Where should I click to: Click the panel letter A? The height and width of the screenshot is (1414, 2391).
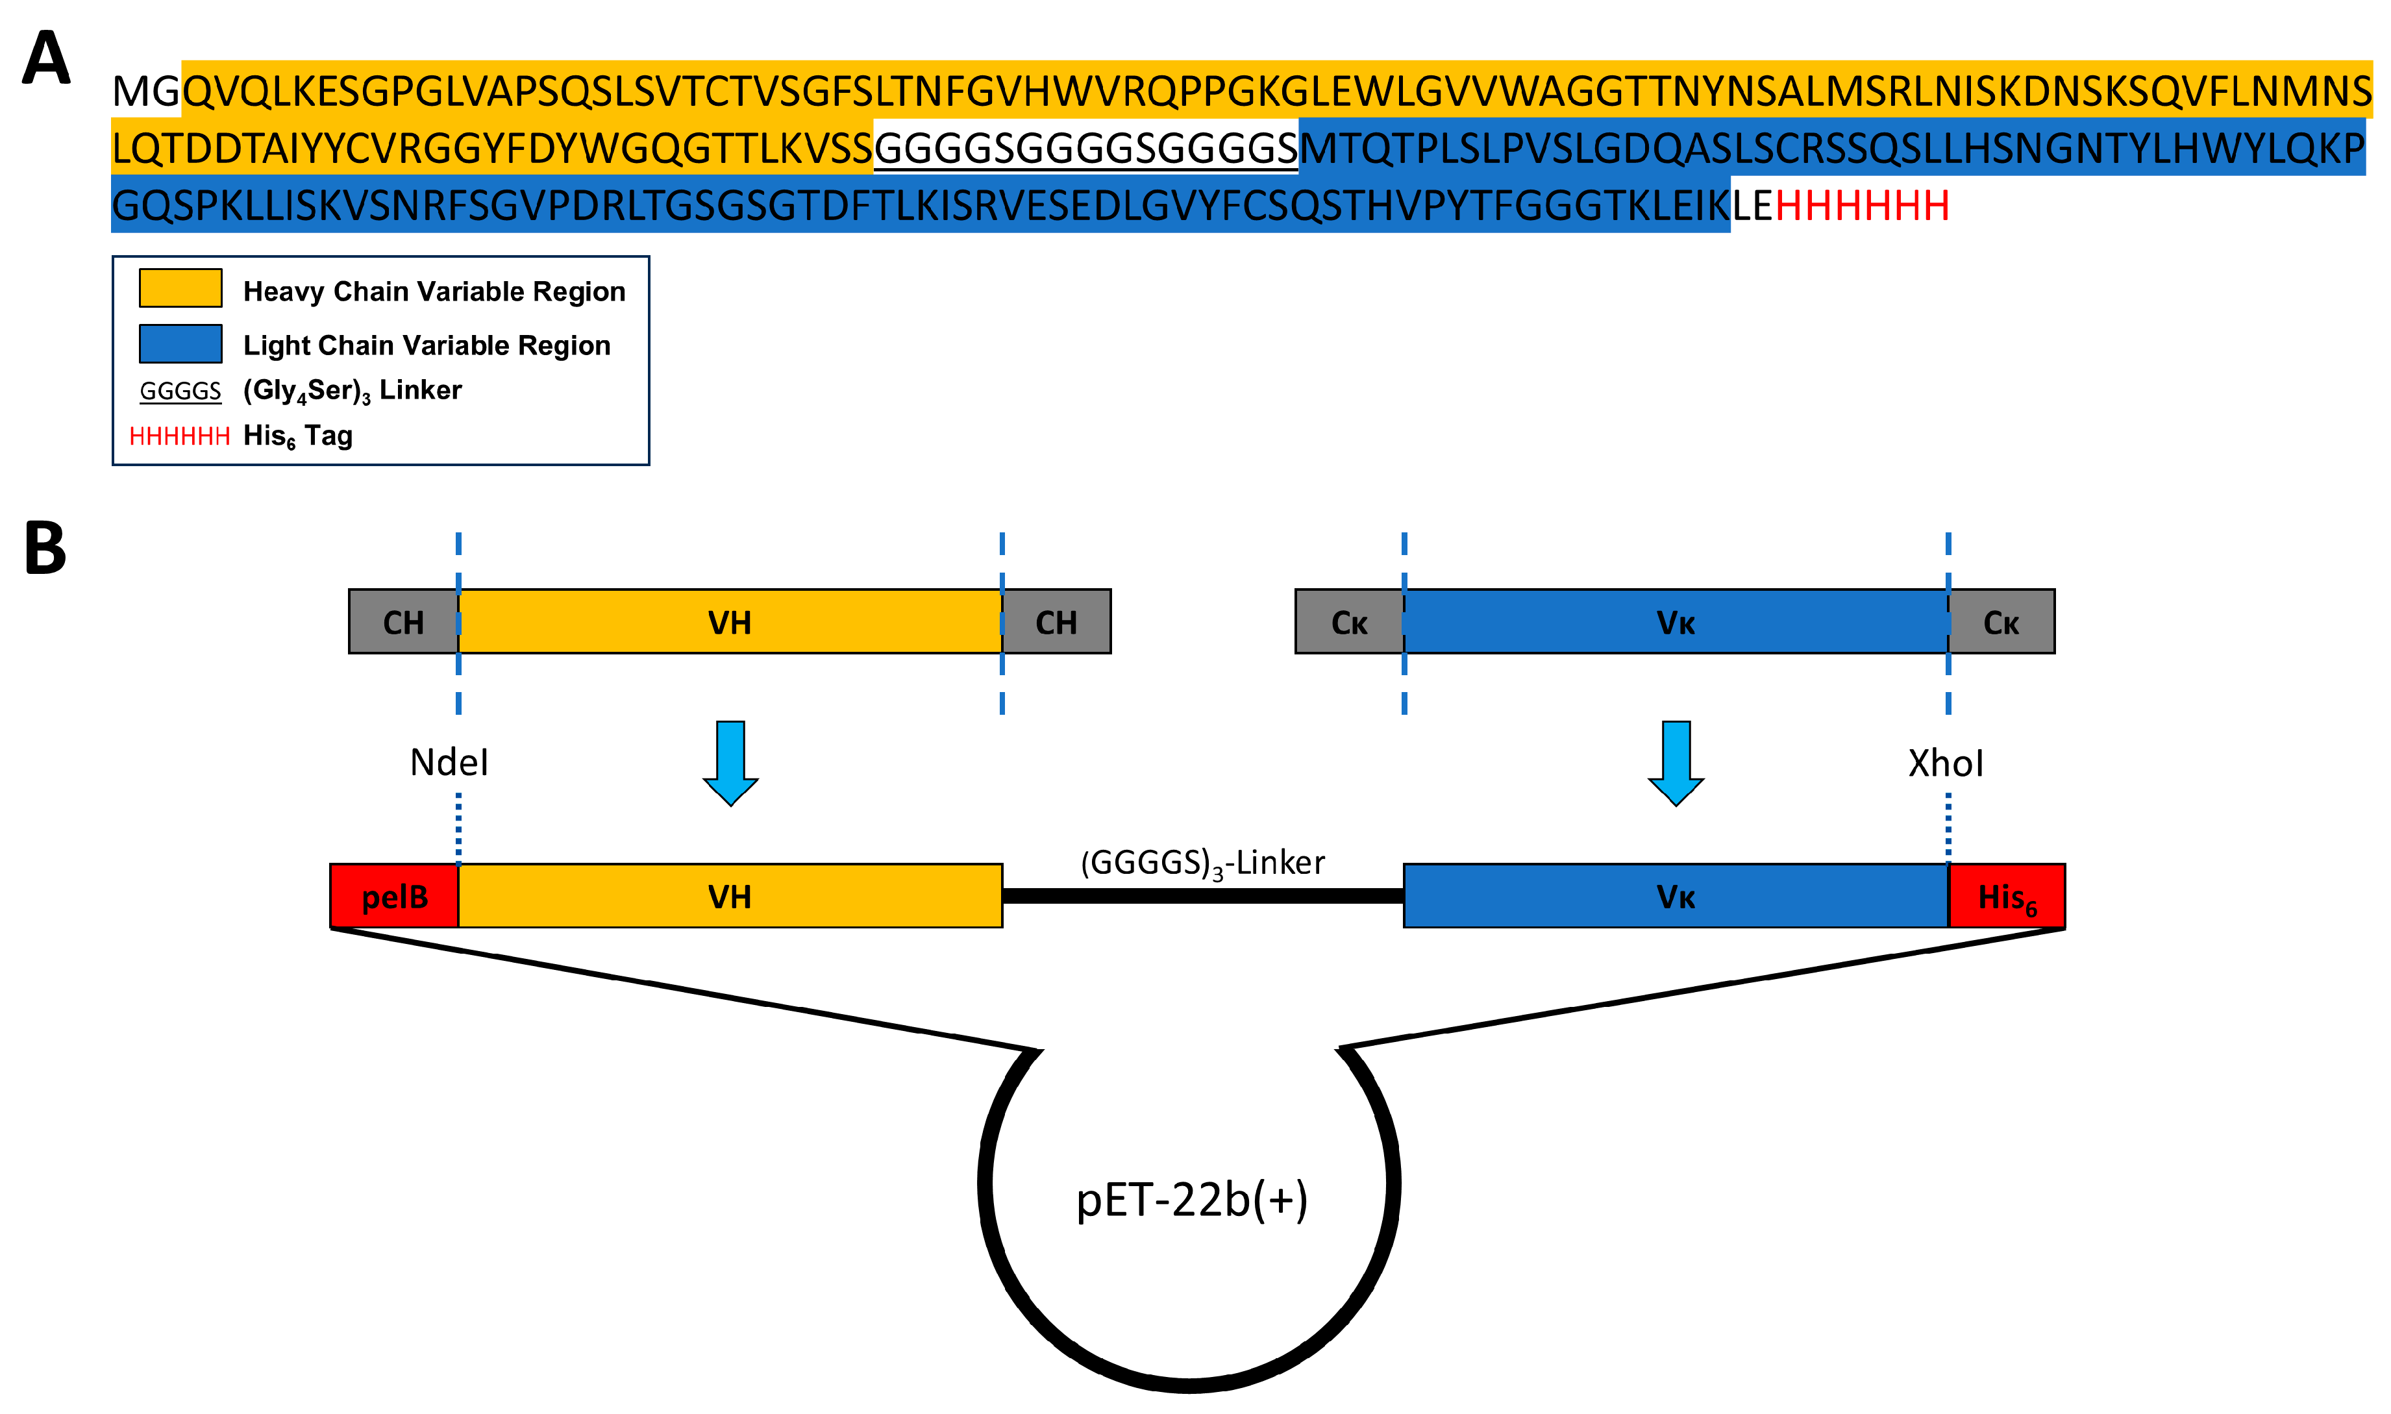(x=45, y=59)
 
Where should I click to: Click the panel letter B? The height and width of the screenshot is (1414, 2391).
(x=45, y=550)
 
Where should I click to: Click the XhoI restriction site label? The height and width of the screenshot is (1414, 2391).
(x=1945, y=764)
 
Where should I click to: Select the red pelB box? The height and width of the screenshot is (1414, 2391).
(x=394, y=897)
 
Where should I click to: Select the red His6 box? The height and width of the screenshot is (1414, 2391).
(x=2006, y=897)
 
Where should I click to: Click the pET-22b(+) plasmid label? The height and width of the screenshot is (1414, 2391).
(x=1192, y=1200)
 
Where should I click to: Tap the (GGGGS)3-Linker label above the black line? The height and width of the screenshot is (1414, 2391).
(x=1202, y=863)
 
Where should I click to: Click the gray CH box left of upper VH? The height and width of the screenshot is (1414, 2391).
(x=403, y=622)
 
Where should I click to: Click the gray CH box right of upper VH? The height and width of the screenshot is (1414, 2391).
(x=1056, y=622)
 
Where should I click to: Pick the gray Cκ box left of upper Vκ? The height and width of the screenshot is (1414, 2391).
(x=1349, y=622)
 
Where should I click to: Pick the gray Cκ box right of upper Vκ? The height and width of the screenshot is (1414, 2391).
(x=2000, y=622)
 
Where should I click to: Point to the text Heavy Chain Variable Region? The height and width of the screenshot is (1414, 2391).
(x=434, y=291)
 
